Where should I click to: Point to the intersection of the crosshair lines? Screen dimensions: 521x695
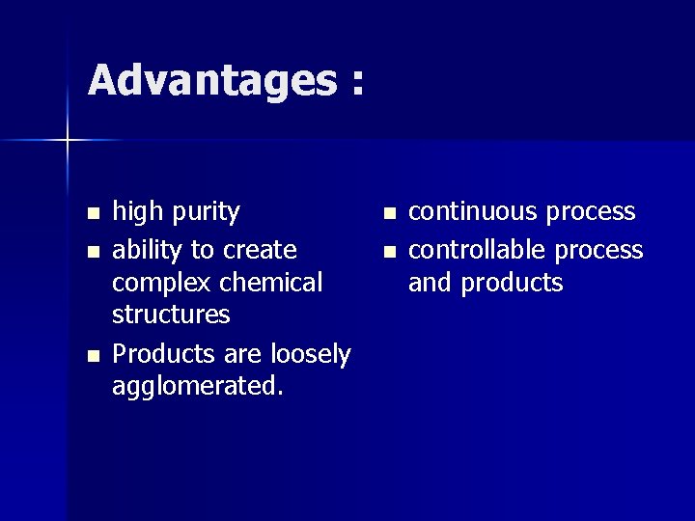[x=68, y=141]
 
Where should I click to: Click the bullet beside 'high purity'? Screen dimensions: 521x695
[x=92, y=212]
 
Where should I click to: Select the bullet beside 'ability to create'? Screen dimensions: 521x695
[x=92, y=252]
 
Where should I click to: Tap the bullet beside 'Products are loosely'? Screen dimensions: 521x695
[x=92, y=356]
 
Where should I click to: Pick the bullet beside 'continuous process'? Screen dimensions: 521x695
[x=388, y=212]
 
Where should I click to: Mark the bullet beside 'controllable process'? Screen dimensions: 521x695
[x=388, y=252]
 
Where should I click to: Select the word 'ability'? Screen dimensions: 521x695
[x=147, y=251]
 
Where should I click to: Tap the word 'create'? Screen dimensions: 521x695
[x=260, y=251]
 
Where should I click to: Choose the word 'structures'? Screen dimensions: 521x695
[x=171, y=315]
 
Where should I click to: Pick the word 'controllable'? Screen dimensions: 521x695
[x=478, y=250]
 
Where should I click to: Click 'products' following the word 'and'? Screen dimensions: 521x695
[x=512, y=284]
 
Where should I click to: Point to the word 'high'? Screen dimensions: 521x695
[x=138, y=212]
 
